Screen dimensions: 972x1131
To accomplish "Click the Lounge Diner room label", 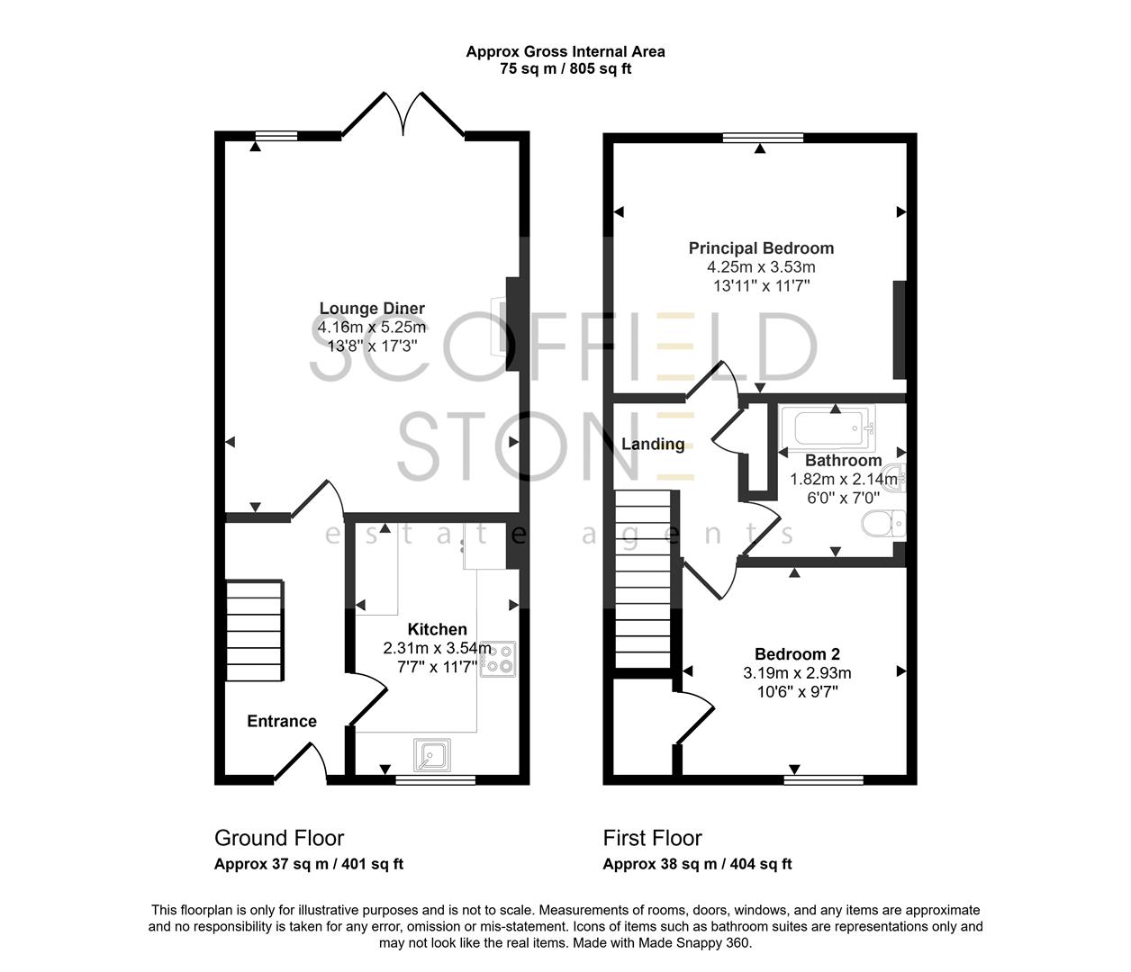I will (372, 309).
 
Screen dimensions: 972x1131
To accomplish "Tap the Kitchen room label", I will (438, 629).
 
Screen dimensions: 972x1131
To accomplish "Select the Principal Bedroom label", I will (761, 248).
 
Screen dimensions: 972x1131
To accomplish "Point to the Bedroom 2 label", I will (797, 654).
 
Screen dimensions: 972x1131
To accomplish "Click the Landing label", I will (653, 445).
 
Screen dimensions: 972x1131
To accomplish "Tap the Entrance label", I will (282, 721).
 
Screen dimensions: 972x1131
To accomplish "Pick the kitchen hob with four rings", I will (498, 659).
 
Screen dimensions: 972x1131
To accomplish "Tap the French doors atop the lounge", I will (403, 113).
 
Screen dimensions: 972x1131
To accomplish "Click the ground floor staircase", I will (255, 633).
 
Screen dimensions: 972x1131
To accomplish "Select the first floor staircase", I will (644, 580).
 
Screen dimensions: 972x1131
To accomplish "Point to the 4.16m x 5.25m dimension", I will (372, 328).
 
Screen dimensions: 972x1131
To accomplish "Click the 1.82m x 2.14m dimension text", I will (843, 480).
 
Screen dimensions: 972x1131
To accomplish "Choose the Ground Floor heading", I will (279, 838).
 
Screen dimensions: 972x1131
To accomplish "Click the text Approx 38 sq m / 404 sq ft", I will (697, 864).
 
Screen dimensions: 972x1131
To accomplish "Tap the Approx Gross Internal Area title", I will (565, 51).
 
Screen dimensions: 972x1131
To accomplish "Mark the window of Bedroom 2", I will (823, 779).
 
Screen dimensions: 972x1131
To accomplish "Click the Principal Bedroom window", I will (763, 138).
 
